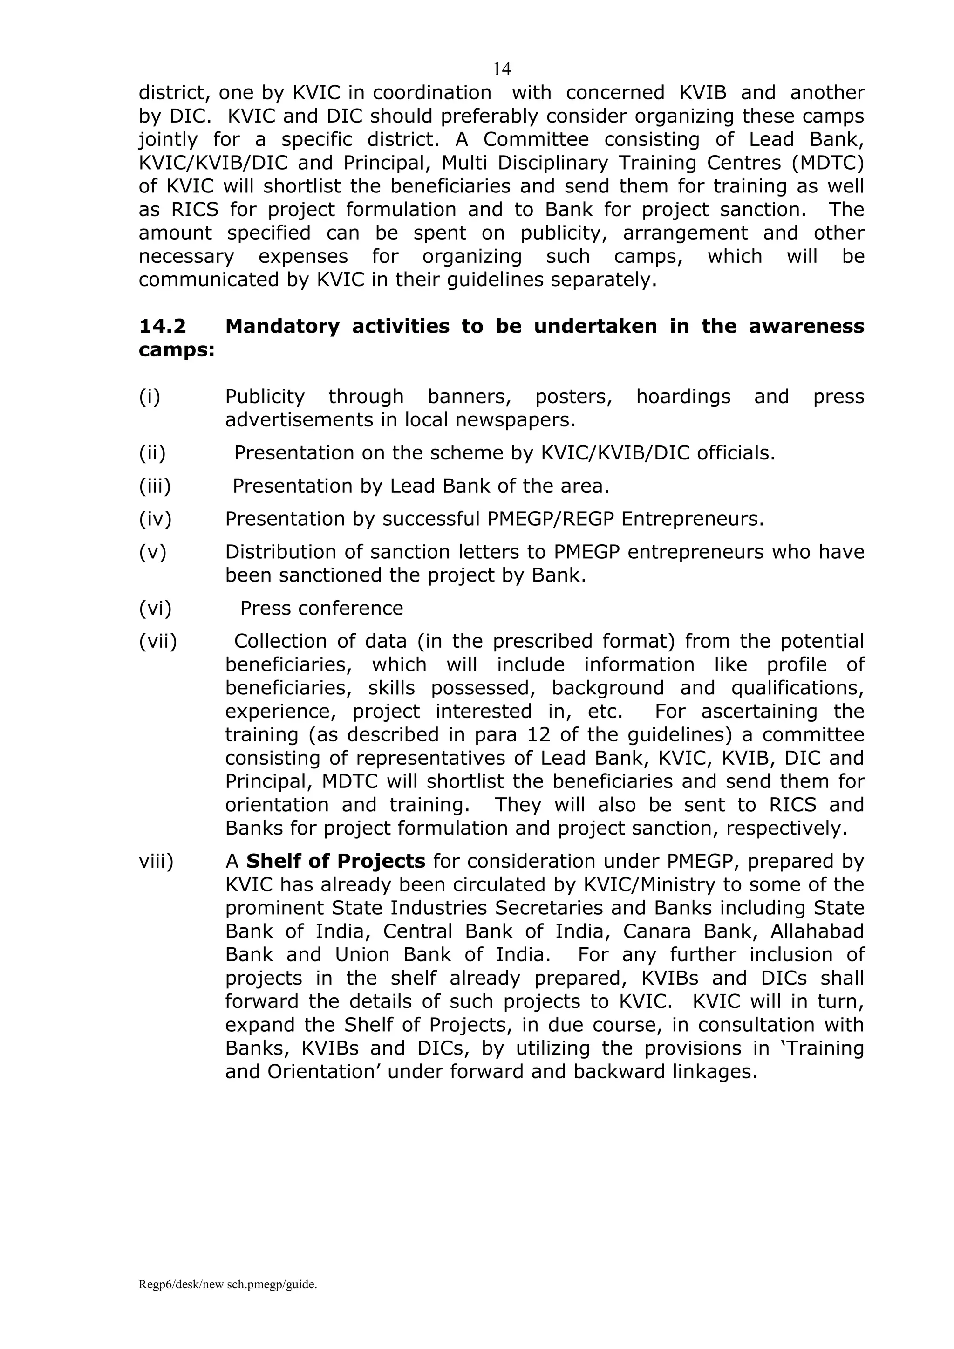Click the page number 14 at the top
(502, 69)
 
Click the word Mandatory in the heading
(282, 326)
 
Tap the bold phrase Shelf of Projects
(335, 861)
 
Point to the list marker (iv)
(155, 519)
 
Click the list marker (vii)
(157, 641)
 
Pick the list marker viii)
(156, 861)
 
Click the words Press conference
(321, 608)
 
